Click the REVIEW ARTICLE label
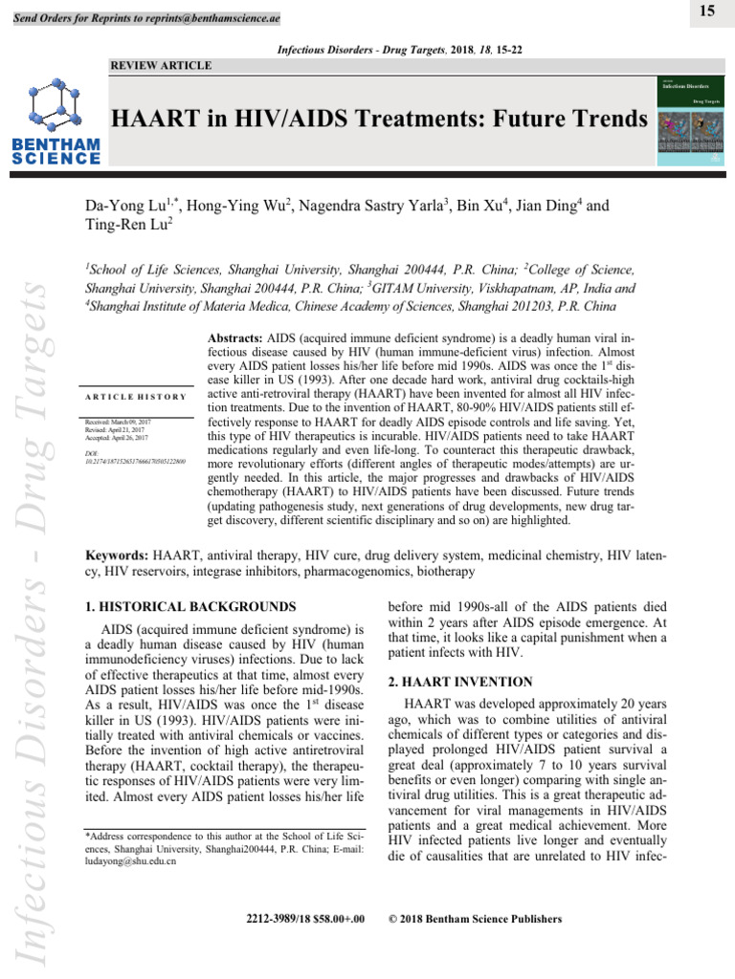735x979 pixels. point(163,65)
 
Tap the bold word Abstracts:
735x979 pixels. point(239,339)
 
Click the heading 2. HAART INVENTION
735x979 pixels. point(453,683)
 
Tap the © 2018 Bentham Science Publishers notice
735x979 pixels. point(473,920)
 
